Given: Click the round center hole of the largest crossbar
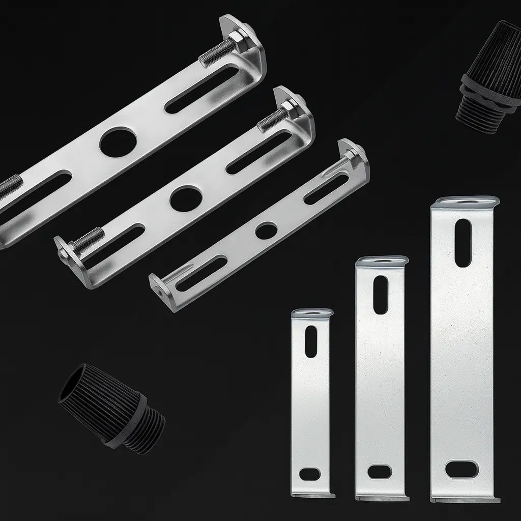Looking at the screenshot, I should coord(118,142).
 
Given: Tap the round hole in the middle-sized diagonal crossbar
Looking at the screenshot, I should coord(186,198).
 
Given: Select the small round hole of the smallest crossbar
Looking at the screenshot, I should coord(266,230).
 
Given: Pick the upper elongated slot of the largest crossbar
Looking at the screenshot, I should coord(202,90).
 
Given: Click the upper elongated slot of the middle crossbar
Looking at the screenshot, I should coord(259,152).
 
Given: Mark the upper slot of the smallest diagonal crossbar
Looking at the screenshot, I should coord(326,189).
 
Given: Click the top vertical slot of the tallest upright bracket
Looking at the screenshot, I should coord(463,243).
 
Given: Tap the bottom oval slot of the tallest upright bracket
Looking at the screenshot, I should coord(461,469).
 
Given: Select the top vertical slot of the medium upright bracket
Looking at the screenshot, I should coord(381,295).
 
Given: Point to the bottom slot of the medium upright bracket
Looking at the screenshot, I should coord(380,472).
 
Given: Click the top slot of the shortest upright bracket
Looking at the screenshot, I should coord(311,341).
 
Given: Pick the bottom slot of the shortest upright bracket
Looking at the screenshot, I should coord(310,474).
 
